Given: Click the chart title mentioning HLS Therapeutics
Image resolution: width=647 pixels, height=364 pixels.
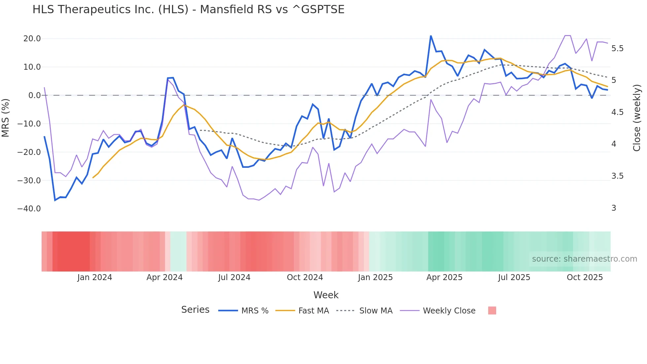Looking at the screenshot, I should pos(188,10).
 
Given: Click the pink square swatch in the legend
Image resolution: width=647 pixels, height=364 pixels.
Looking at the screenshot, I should pos(492,310).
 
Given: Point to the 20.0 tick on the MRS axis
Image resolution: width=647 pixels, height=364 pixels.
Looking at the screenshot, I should pos(32,39).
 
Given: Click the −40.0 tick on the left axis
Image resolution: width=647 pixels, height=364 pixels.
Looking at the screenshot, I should pos(29,209).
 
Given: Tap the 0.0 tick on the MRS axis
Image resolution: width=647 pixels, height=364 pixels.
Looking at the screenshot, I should pos(34,95).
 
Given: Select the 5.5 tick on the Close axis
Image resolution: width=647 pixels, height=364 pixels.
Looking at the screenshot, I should pos(617,49).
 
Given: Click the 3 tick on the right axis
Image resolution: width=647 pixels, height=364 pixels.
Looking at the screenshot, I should pos(614,208).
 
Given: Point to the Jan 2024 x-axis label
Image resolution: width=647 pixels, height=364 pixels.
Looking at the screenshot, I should pos(95,277).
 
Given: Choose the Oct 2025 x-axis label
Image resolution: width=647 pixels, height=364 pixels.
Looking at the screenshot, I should pos(585,277).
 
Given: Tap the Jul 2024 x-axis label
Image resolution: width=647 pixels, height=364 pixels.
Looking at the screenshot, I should pos(234,277).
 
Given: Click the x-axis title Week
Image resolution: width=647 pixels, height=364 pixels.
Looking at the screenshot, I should pos(326,295).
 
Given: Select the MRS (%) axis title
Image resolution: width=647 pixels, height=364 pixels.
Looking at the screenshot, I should pos(6,118).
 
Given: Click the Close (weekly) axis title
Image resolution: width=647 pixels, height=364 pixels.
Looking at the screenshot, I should pos(637,118).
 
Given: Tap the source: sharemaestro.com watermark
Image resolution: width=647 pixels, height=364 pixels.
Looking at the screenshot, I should pos(584,259).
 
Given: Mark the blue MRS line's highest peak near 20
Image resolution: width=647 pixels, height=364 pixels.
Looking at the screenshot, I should pos(431,36).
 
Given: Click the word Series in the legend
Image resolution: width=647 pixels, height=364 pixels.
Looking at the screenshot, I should pos(195,310).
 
